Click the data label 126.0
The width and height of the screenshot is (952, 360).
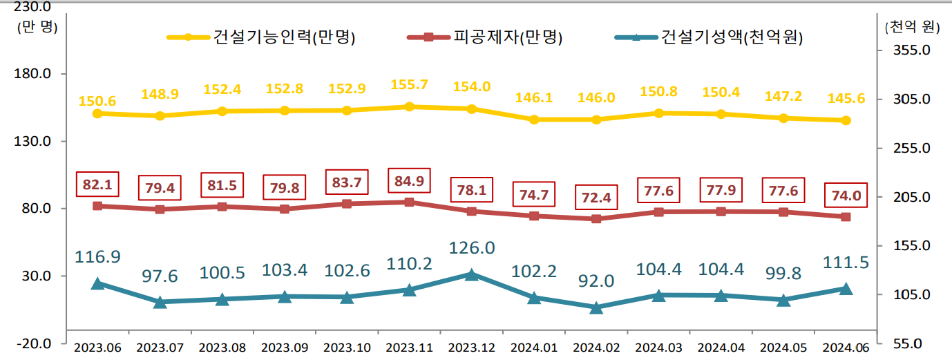471,247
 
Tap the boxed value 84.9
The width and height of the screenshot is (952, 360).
408,182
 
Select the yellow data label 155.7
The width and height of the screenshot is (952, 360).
408,85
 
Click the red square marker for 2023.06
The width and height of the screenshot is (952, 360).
97,206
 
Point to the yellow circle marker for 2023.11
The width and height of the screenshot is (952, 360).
409,106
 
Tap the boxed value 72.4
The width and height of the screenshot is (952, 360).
596,198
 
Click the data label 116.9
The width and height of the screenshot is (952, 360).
97,256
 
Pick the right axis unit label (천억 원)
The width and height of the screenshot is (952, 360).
912,27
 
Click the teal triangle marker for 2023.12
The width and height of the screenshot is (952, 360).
471,274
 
